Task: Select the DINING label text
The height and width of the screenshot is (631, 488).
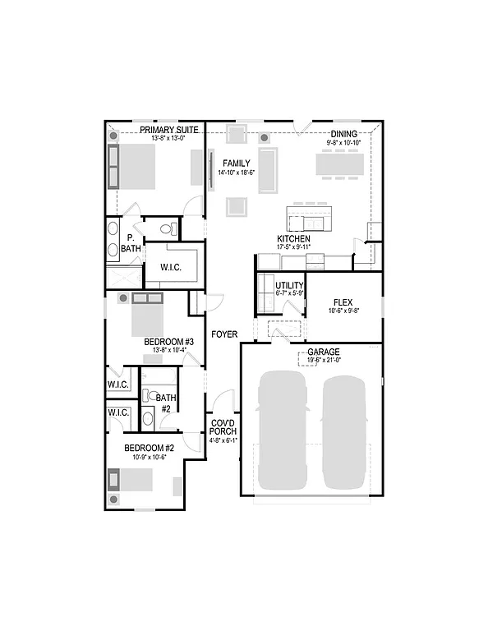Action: coord(343,134)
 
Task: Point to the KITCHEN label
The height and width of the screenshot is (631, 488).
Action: coord(293,238)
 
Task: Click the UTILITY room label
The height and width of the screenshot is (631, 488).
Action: coord(289,285)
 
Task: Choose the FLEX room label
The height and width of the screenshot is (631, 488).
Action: coord(343,302)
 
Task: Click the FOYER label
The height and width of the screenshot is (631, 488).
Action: coord(223,334)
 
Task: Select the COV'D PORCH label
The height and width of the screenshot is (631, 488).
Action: coord(223,428)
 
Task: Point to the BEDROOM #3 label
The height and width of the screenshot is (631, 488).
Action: coord(168,342)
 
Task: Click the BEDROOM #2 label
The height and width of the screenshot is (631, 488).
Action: coord(150,448)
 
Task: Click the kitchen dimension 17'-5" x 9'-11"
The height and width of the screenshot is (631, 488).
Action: coord(293,246)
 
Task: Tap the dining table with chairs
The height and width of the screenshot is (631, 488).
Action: coord(338,164)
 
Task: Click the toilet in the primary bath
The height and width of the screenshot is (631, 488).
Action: coord(165,228)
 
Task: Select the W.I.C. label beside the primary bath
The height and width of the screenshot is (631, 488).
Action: coord(170,267)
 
